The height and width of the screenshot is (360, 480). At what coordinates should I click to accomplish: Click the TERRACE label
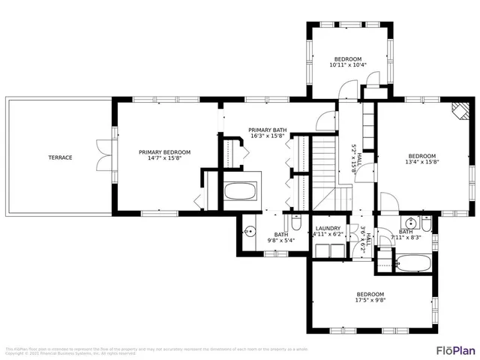coord(60,157)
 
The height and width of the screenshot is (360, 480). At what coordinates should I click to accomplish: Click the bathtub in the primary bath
coord(240,191)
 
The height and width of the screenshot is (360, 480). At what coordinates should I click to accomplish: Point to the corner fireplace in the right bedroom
coord(458,111)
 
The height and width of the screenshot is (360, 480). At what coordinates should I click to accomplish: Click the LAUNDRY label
coord(328,228)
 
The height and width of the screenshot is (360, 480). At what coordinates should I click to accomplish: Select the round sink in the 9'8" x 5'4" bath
coord(250,232)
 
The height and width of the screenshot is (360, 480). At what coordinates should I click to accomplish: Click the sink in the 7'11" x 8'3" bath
coord(410,223)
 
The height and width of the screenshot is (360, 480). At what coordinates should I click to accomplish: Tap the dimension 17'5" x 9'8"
coord(370,301)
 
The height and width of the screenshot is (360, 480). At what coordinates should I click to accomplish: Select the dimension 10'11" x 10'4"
coord(348,65)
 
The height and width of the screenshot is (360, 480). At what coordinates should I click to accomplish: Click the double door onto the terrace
coord(105,155)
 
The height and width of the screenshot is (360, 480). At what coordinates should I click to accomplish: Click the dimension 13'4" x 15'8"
coord(421,160)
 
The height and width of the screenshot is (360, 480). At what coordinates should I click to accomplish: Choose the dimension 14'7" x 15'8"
coord(164,158)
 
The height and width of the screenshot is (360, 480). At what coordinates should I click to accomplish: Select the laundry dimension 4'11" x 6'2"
coord(328,234)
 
